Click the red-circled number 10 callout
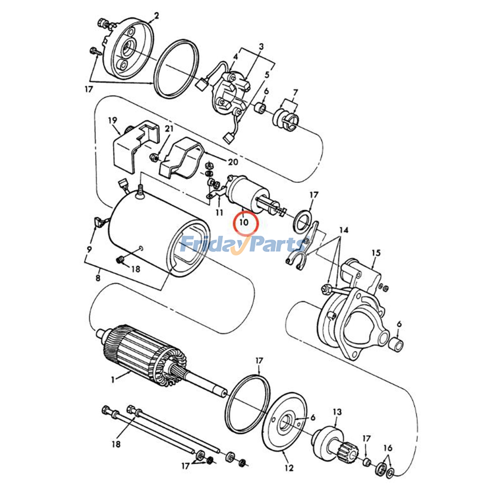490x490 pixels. tap(244, 222)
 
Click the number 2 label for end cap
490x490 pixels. tap(156, 16)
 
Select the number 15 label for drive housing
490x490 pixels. tap(376, 253)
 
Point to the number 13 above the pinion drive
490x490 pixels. tap(337, 412)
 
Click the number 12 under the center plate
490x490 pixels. tap(289, 468)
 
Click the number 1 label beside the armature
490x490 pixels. tap(113, 380)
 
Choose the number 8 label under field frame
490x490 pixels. tap(98, 278)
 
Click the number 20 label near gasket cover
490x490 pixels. tap(233, 161)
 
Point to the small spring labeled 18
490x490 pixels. tap(121, 260)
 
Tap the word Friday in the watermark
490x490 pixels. tap(208, 245)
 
